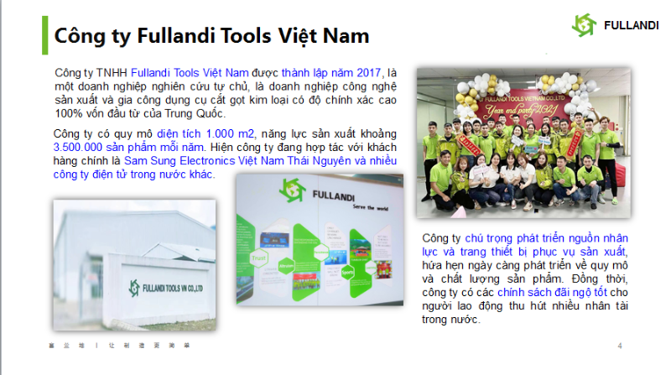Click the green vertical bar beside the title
tap(44, 35)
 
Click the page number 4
tap(620, 346)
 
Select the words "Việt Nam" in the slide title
tap(325, 37)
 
